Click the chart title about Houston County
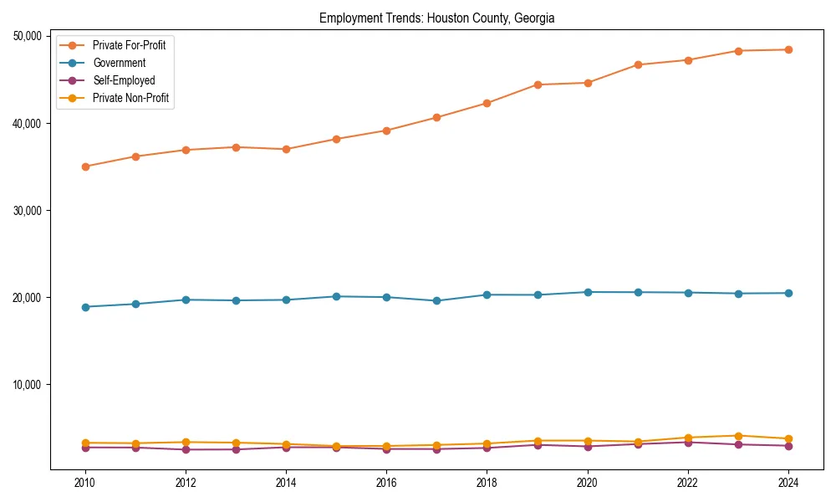pos(436,18)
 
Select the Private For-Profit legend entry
pos(129,45)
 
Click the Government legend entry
pos(119,63)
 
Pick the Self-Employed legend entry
pos(124,80)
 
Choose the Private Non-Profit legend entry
pos(130,98)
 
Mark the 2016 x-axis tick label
pos(386,483)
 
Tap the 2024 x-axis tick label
pos(788,483)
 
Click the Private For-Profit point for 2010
pos(85,166)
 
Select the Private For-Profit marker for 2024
pos(788,49)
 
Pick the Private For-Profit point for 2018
pos(487,103)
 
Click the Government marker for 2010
pos(85,307)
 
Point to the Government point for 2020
pos(588,292)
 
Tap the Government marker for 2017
pos(436,300)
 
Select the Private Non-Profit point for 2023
pos(738,436)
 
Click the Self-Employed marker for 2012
pos(186,449)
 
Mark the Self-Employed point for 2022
pos(688,442)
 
